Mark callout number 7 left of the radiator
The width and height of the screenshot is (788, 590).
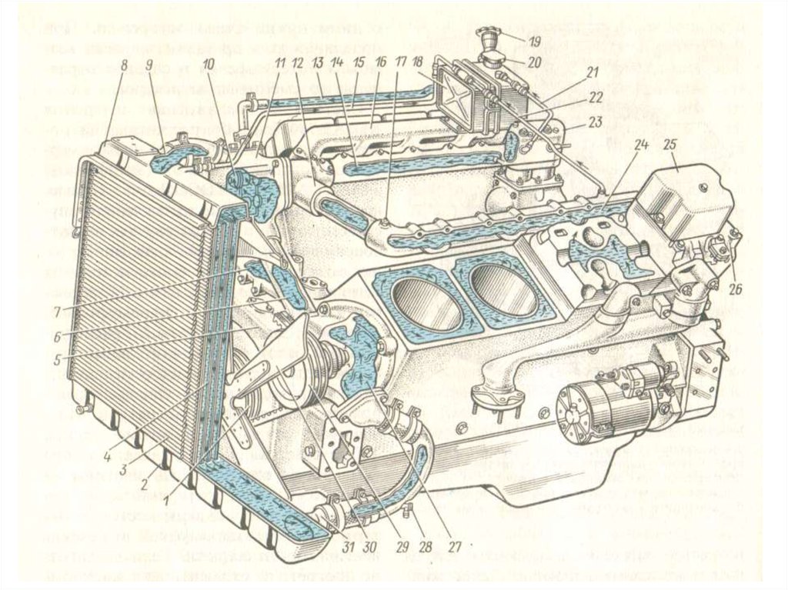tap(57, 310)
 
